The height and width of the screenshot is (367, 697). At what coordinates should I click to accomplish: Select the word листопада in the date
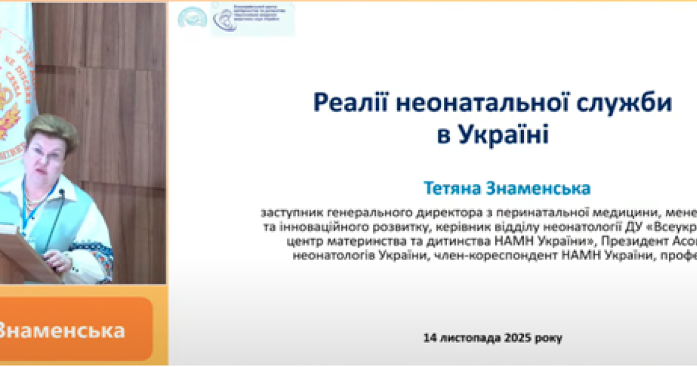(468, 337)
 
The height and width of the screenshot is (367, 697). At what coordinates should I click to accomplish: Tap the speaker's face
(48, 157)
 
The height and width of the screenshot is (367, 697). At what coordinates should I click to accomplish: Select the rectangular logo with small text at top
(253, 18)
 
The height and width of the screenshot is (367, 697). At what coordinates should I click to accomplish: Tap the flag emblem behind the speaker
(12, 92)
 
